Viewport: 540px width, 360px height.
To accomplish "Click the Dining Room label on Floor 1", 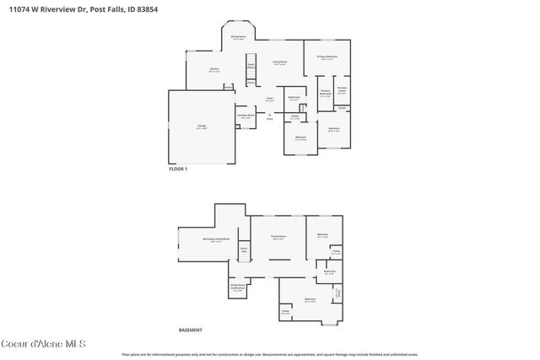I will click(x=239, y=37).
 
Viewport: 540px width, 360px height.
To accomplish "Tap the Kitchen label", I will click(x=214, y=70).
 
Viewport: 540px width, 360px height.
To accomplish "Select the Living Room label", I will click(x=279, y=62).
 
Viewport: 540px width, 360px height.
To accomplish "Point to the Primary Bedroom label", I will click(x=327, y=57).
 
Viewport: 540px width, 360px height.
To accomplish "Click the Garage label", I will click(x=202, y=126).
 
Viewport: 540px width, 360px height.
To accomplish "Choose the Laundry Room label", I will click(x=246, y=116).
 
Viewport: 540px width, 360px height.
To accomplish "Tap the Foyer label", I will click(x=270, y=99).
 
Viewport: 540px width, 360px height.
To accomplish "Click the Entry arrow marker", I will click(x=270, y=116).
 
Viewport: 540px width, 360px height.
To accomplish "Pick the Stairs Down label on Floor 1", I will click(x=251, y=65).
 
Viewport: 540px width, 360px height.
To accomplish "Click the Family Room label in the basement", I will click(x=278, y=237).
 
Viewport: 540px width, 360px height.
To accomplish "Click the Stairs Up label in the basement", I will click(x=244, y=250).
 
